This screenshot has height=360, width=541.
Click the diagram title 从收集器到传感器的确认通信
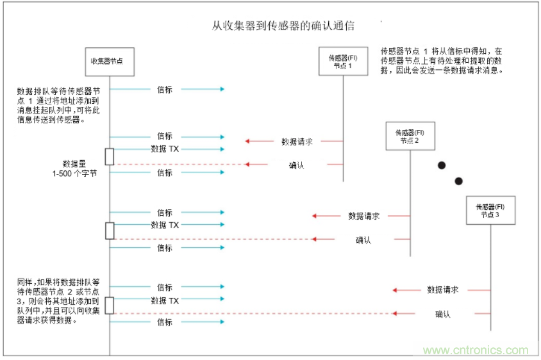pyautogui.click(x=283, y=26)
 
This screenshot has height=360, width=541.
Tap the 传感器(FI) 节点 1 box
pyautogui.click(x=342, y=61)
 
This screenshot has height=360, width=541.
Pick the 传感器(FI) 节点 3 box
pyautogui.click(x=491, y=211)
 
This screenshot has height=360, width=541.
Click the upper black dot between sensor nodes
pyautogui.click(x=441, y=165)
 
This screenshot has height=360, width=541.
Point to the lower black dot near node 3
pyautogui.click(x=458, y=181)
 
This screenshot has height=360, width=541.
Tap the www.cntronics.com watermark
pyautogui.click(x=476, y=350)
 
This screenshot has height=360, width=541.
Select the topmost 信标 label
pyautogui.click(x=165, y=89)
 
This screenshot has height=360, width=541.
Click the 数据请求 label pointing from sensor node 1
pyautogui.click(x=297, y=142)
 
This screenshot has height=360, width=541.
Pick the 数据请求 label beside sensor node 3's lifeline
pyautogui.click(x=442, y=290)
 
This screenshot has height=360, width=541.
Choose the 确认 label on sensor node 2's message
pyautogui.click(x=363, y=240)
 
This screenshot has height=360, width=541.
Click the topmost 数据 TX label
pyautogui.click(x=165, y=149)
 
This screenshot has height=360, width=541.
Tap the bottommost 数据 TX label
pyautogui.click(x=165, y=300)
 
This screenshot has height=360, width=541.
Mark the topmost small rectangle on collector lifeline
pyautogui.click(x=110, y=156)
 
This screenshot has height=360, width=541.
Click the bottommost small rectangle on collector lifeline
pyautogui.click(x=110, y=306)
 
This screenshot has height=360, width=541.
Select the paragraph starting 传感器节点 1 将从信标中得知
pyautogui.click(x=442, y=60)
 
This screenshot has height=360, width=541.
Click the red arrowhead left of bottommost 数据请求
pyautogui.click(x=395, y=290)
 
